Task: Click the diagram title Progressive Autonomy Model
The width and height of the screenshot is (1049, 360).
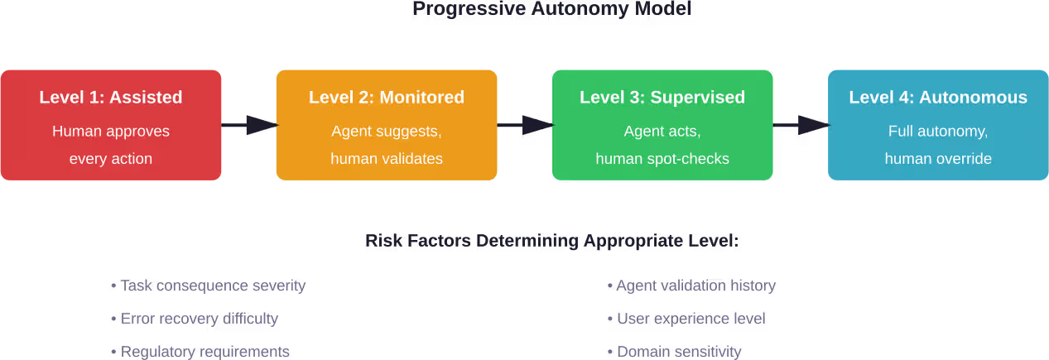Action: [551, 9]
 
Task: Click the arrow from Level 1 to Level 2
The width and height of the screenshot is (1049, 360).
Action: [248, 125]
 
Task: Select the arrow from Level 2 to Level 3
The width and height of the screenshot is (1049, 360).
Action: [525, 125]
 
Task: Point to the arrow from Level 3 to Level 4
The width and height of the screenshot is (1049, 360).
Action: [801, 125]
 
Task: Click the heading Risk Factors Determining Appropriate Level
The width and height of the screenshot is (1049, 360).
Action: [551, 241]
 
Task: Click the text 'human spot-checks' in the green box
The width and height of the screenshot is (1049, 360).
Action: [662, 158]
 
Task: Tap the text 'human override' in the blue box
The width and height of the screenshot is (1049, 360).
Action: [938, 158]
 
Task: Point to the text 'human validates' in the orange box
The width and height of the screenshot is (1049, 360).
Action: [387, 158]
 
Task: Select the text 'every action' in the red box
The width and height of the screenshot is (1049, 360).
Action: [111, 158]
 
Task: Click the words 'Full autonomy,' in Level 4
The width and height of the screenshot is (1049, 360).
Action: [938, 131]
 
